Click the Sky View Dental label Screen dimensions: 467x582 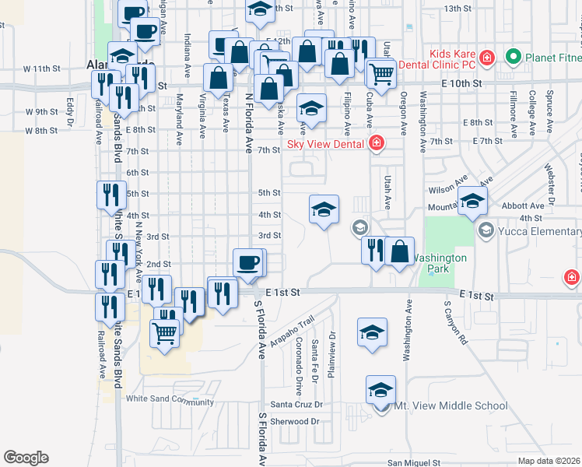click(x=327, y=142)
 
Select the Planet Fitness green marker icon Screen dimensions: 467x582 click(x=513, y=57)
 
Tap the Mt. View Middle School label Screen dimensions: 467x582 click(x=451, y=406)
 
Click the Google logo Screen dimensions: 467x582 click(x=26, y=458)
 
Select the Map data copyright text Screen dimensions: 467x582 click(x=549, y=461)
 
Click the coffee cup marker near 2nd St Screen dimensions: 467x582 click(x=249, y=262)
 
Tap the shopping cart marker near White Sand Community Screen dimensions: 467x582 click(x=164, y=334)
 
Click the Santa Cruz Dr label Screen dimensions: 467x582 click(x=296, y=406)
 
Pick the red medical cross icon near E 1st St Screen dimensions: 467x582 click(x=571, y=277)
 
